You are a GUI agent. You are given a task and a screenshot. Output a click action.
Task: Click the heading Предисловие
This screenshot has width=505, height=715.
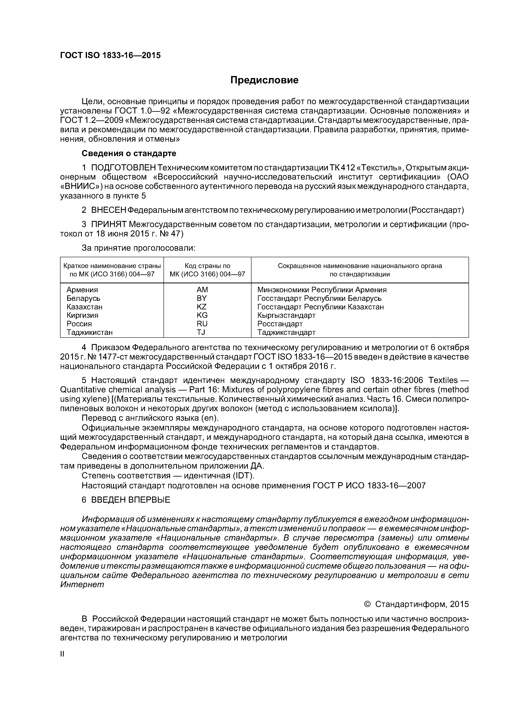(264, 80)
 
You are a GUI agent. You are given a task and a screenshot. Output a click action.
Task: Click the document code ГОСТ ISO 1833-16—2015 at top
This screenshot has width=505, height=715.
(110, 55)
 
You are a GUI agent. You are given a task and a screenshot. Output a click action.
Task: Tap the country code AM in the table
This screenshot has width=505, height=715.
(202, 290)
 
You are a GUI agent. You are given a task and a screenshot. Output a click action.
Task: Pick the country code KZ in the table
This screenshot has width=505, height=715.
(202, 307)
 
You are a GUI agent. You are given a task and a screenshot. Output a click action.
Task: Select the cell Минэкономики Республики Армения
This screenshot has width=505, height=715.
(322, 290)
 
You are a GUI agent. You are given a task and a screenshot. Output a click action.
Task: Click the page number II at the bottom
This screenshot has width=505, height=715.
(62, 654)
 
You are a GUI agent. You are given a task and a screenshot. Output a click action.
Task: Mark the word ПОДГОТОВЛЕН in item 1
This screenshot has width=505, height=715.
(123, 168)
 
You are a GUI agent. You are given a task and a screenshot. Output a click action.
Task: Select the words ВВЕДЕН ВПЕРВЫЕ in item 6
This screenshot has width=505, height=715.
(131, 500)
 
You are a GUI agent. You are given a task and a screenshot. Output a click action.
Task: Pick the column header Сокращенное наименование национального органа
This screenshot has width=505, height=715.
(360, 266)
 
